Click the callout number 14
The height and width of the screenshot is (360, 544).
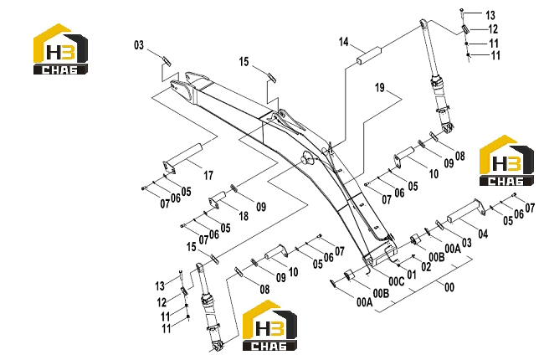343,42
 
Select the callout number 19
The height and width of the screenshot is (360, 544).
380,87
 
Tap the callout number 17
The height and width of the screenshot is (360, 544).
208,175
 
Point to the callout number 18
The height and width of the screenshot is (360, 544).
244,216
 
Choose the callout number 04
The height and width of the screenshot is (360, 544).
483,234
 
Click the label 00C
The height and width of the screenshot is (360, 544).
397,281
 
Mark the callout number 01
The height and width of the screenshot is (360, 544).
412,275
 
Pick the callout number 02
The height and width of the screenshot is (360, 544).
426,266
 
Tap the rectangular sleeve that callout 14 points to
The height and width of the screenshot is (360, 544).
369,55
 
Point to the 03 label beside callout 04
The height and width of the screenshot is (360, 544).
467,242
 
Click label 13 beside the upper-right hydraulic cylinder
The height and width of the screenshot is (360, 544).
490,15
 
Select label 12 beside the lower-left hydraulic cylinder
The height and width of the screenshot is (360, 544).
162,302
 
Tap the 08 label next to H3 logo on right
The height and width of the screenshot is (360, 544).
460,156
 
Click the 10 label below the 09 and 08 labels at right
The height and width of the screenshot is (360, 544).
434,173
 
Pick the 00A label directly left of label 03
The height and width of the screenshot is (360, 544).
453,248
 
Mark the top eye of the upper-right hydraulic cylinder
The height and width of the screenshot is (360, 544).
423,23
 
